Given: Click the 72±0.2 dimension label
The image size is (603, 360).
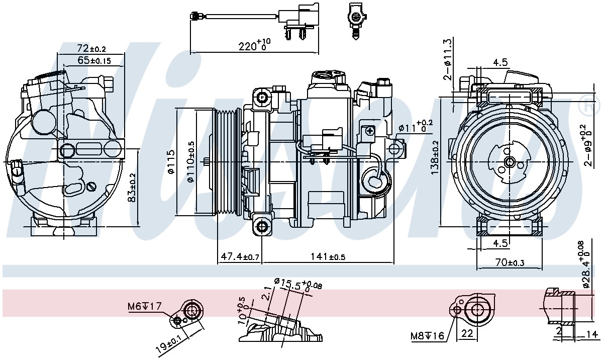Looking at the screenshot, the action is click(91, 48).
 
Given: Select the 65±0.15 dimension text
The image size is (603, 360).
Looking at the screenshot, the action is click(94, 60).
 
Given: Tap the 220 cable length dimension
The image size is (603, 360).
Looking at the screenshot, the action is click(254, 45).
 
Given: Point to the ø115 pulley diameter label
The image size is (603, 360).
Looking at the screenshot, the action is click(171, 161).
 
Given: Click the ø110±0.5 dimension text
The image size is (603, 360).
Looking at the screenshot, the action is click(190, 161).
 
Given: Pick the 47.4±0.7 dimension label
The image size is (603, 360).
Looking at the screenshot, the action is click(240, 256).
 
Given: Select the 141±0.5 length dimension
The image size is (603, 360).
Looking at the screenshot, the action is click(328, 256).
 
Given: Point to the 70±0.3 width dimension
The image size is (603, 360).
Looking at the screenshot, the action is click(510, 262).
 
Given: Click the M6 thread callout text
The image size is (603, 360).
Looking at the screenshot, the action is click(145, 306).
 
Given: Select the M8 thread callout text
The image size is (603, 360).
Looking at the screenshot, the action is click(427, 336).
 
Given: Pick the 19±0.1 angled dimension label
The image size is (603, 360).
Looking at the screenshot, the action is click(171, 343).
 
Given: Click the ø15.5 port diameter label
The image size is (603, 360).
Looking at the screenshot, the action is click(297, 285).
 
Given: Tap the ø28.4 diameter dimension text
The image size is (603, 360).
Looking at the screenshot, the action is click(587, 264).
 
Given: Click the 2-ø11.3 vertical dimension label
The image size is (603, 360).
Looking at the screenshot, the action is click(448, 59).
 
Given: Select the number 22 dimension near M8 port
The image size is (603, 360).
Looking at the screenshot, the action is click(467, 333).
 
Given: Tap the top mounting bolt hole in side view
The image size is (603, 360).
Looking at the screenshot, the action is click(261, 97).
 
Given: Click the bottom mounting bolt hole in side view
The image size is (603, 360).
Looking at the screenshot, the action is click(261, 227).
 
